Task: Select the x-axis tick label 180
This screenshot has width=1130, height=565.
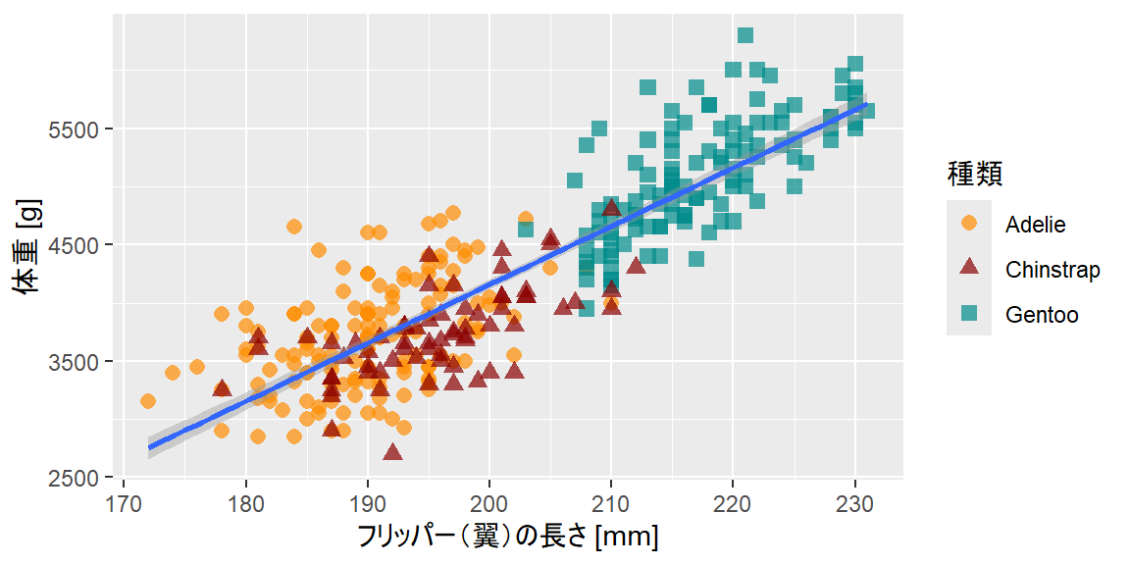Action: [245, 501]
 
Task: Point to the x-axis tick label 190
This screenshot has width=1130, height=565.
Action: [367, 501]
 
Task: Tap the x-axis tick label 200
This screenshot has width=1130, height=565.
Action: [489, 501]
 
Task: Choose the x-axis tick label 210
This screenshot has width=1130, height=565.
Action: [611, 501]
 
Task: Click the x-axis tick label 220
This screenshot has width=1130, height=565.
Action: [733, 501]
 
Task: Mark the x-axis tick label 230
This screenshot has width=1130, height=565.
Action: [854, 501]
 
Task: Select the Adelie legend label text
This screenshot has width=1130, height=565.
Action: [1035, 225]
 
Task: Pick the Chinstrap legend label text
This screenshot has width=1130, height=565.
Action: [1053, 270]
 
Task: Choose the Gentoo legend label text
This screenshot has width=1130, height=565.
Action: [1042, 315]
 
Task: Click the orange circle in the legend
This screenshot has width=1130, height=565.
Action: [969, 224]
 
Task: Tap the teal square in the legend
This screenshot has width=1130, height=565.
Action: [969, 314]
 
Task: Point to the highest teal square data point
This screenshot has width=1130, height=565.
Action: [745, 35]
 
